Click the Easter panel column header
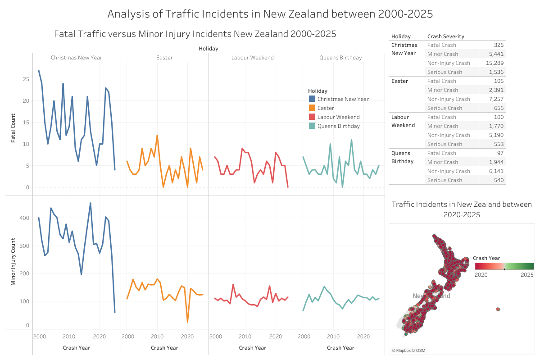tap(164, 58)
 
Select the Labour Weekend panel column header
tap(253, 58)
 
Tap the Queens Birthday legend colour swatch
tap(312, 126)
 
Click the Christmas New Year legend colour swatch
tap(312, 99)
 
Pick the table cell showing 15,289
tap(494, 63)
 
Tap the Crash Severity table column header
tap(445, 36)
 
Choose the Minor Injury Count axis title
tap(14, 261)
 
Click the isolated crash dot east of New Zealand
tap(498, 309)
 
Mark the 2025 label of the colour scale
tap(527, 274)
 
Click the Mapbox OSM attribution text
tap(408, 351)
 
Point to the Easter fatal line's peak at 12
tap(157, 135)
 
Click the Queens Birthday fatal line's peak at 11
tap(351, 140)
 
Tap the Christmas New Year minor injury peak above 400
tap(91, 203)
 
